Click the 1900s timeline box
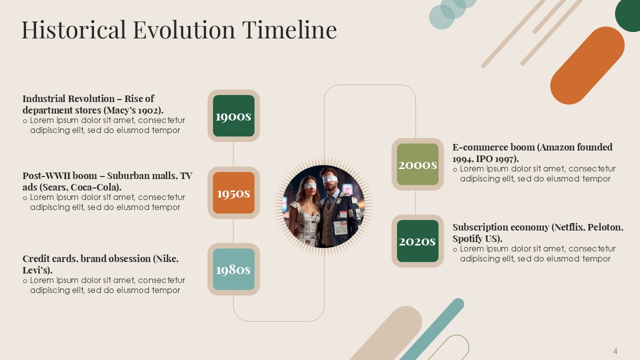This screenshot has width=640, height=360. click(233, 115)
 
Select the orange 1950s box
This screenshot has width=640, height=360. click(233, 193)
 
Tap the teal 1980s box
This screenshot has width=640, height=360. click(233, 269)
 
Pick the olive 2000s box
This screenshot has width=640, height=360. click(417, 164)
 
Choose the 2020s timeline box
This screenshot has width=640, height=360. click(417, 241)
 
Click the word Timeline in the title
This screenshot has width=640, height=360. click(289, 29)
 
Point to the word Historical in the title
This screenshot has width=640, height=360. click(73, 29)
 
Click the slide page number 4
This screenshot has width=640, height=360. click(615, 351)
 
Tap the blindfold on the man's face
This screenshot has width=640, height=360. click(329, 179)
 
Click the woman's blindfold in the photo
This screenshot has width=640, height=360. click(310, 186)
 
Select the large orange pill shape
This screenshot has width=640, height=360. click(587, 65)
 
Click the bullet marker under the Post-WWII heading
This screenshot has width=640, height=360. click(25, 198)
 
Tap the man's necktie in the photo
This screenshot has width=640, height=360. click(329, 201)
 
